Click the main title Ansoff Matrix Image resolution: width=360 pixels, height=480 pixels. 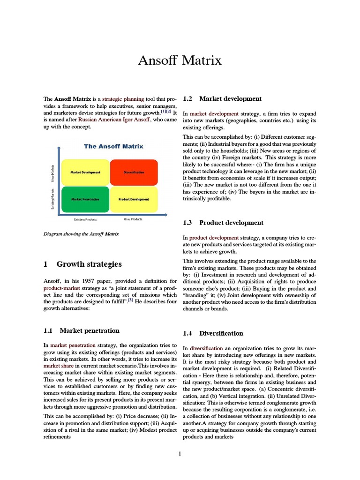tap(180, 61)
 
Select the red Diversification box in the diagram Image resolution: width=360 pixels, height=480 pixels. tap(134, 172)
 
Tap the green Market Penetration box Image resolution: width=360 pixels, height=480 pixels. tap(85, 199)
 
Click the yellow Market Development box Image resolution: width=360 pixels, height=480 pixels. tap(85, 172)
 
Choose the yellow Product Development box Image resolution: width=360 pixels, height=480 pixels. tap(134, 199)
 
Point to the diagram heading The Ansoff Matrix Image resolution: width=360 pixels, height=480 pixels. tap(113, 146)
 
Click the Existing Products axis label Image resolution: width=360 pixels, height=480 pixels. tap(85, 219)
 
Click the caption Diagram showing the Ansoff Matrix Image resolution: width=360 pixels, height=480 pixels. tap(81, 233)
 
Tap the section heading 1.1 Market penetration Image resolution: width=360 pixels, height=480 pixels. tap(82, 330)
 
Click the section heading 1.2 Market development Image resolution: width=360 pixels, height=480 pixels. tap(222, 99)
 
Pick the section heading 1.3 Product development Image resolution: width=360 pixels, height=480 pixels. tap(223, 223)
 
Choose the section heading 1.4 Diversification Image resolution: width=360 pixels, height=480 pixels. tap(213, 333)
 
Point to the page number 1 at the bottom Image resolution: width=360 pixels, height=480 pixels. tap(180, 453)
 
